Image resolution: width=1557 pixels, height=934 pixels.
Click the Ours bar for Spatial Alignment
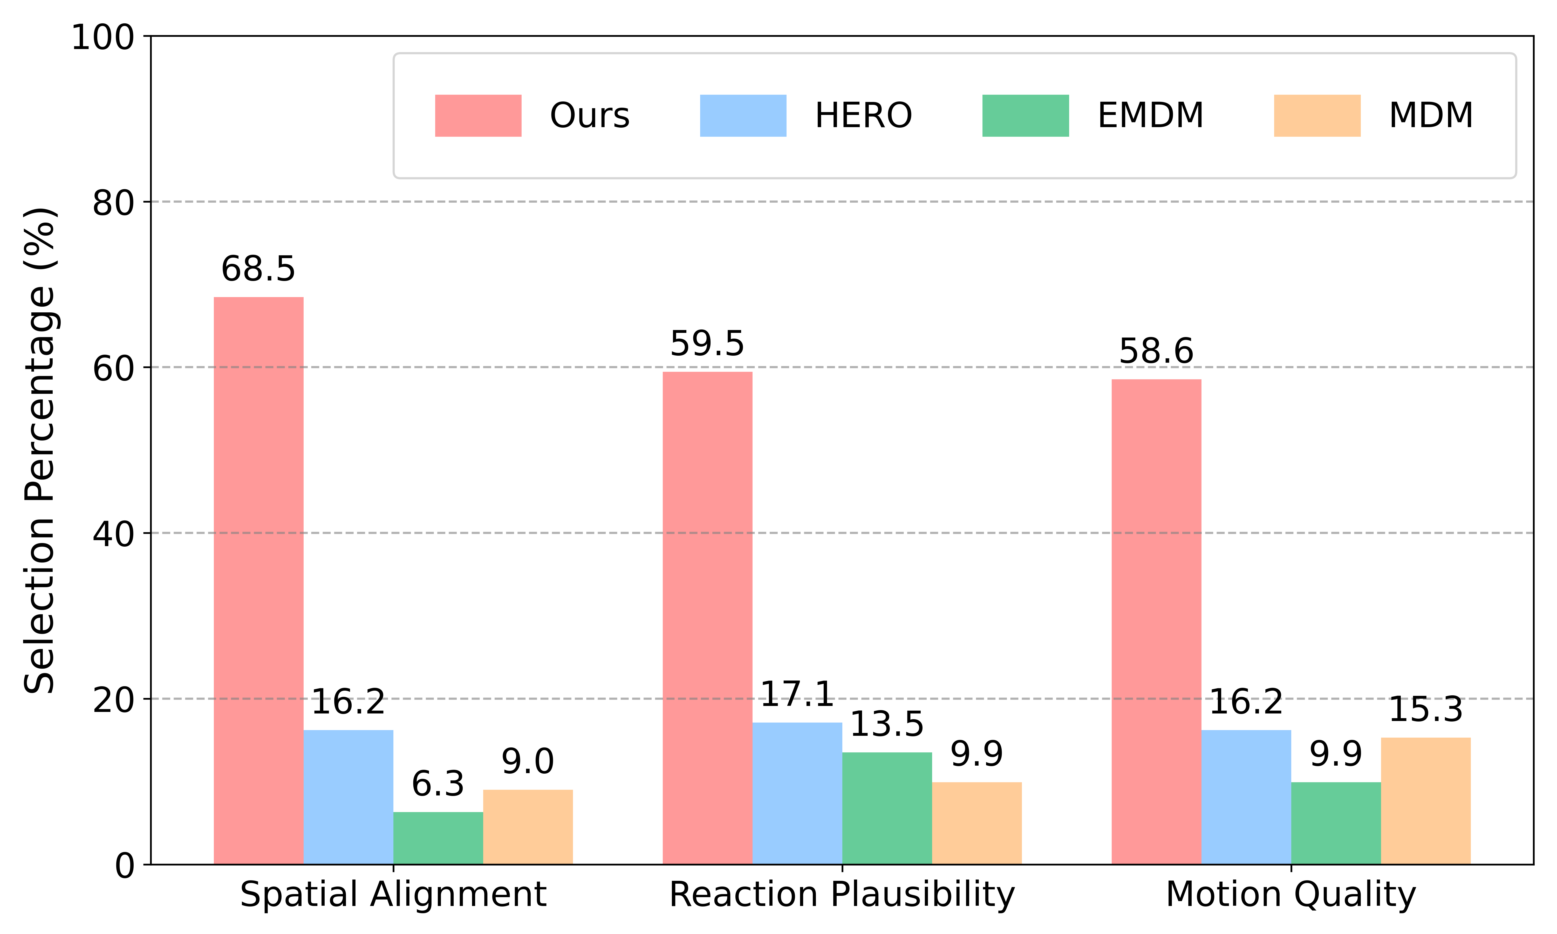[259, 580]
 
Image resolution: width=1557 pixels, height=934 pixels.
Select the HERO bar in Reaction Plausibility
[797, 793]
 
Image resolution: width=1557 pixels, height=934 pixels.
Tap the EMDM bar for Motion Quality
[1336, 823]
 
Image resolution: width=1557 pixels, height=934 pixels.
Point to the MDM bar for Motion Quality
[1425, 801]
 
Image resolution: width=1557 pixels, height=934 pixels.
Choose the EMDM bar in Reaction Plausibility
[887, 808]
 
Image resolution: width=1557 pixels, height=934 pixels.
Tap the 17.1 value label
[797, 694]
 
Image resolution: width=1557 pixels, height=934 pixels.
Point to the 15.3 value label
[1425, 710]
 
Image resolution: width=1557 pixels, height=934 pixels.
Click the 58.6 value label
[1156, 351]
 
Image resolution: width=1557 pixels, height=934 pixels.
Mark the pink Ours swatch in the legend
[478, 116]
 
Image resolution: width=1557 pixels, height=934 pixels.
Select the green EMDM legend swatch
[1025, 116]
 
